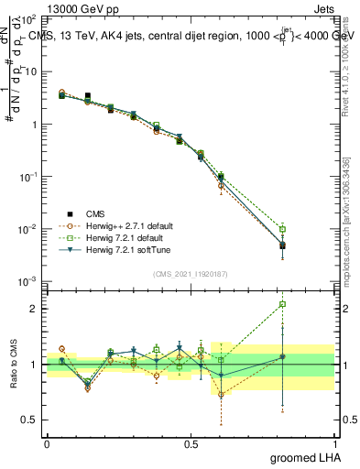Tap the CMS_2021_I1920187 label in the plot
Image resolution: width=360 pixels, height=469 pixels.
(190, 274)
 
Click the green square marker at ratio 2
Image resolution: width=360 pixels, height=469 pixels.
(283, 304)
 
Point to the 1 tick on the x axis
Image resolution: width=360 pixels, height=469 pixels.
(335, 442)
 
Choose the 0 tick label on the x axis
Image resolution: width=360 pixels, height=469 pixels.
(47, 442)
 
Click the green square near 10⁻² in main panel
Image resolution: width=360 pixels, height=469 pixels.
(283, 229)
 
